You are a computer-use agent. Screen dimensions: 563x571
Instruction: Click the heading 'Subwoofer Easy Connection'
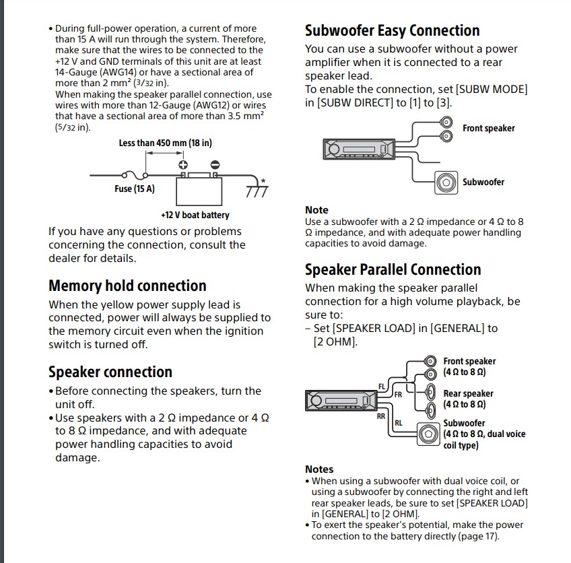tap(392, 31)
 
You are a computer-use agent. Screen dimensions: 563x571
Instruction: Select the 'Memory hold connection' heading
tap(127, 286)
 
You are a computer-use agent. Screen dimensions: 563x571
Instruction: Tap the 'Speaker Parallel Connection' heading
tap(393, 270)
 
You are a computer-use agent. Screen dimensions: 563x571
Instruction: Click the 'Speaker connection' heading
tap(110, 372)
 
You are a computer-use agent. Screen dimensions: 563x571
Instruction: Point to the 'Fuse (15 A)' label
tap(134, 189)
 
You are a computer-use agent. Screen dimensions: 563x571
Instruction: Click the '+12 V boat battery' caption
tap(195, 216)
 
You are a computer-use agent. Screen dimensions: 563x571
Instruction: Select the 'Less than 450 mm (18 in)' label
tap(165, 143)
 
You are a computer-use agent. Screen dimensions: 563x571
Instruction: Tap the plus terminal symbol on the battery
tap(182, 164)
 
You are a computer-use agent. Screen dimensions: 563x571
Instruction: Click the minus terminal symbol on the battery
tap(215, 164)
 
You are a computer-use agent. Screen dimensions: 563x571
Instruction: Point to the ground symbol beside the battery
tap(257, 191)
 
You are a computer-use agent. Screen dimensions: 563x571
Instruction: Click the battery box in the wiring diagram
tap(199, 190)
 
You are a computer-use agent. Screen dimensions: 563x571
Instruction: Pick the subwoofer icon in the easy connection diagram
tap(446, 182)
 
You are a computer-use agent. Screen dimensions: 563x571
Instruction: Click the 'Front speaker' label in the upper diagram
tap(488, 128)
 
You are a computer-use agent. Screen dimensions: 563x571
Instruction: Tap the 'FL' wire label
tap(382, 387)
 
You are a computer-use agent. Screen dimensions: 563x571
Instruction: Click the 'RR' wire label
tap(381, 416)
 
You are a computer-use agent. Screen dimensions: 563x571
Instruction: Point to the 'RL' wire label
tap(398, 423)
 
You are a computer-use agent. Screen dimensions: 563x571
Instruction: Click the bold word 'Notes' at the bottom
tap(319, 469)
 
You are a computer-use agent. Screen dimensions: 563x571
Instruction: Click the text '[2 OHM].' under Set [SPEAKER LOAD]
tap(335, 341)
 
